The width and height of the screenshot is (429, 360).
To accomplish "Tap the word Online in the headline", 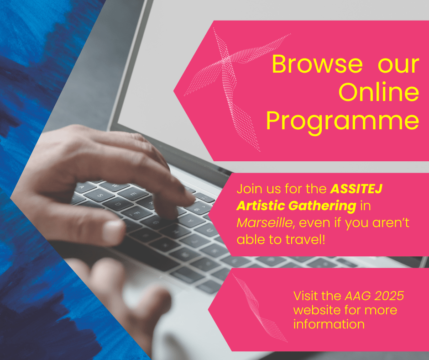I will pyautogui.click(x=379, y=93).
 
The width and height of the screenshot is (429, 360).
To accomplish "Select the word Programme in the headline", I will pyautogui.click(x=342, y=122).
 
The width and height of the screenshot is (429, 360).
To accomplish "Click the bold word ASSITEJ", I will pyautogui.click(x=356, y=189).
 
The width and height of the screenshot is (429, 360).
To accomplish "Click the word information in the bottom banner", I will pyautogui.click(x=329, y=324).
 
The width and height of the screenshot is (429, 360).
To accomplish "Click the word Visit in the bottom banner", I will pyautogui.click(x=304, y=296).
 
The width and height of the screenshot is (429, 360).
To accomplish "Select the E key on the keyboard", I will pyautogui.click(x=132, y=192).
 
